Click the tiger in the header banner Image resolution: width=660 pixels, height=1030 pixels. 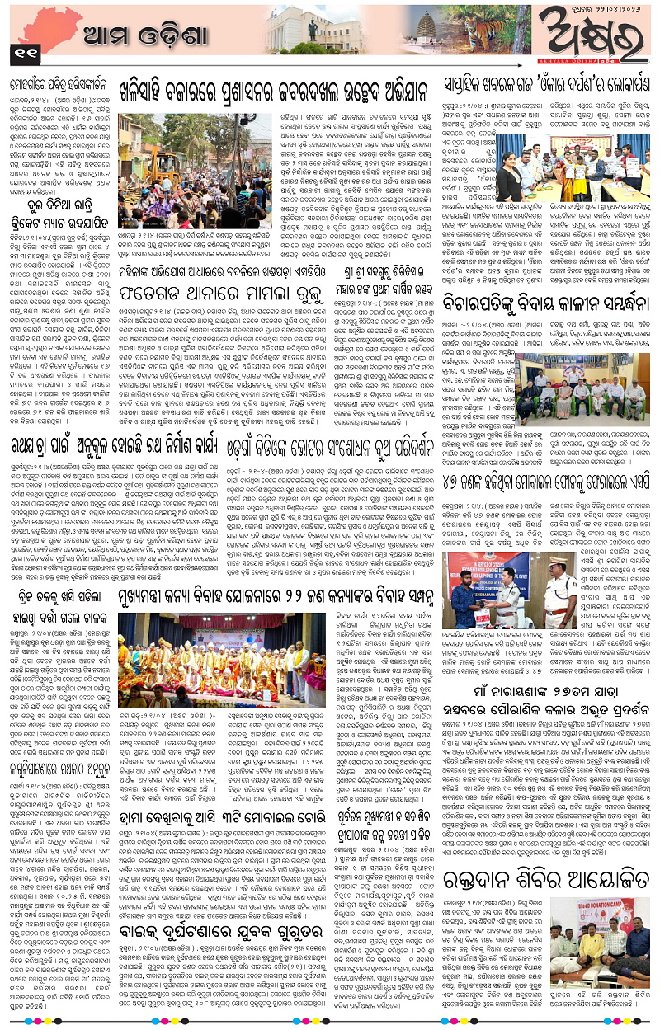[497, 33]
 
